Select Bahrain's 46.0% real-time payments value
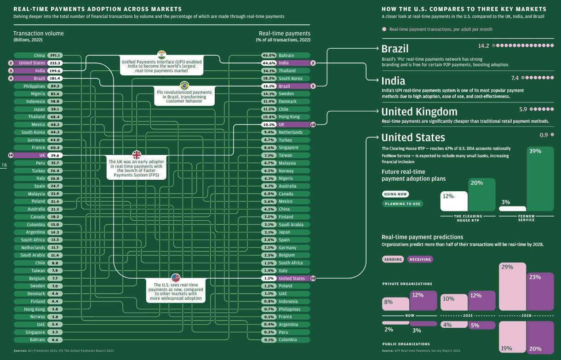tap(269, 55)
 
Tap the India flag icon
tap(161, 55)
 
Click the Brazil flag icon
tap(184, 85)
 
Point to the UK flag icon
tap(137, 154)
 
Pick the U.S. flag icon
tap(176, 277)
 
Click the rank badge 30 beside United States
tap(313, 278)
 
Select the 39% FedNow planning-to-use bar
tap(540, 179)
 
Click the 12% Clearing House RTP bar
tap(454, 201)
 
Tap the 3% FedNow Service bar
tap(512, 208)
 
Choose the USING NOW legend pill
tap(395, 194)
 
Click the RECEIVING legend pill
tap(420, 259)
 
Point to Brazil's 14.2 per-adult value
tap(483, 46)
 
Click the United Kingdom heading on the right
tap(419, 112)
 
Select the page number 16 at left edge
tap(4, 165)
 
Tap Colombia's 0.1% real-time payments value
tap(269, 340)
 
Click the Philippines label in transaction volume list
tap(34, 86)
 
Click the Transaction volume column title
tap(39, 33)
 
